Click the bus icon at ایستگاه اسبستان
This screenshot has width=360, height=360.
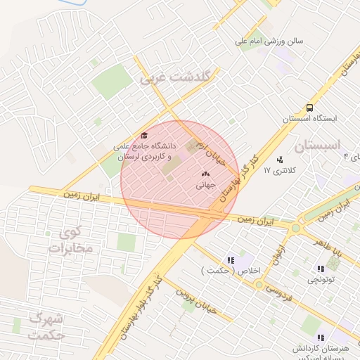click(309, 108)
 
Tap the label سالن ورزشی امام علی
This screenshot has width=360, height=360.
click(269, 41)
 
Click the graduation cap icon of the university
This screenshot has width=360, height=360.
click(144, 136)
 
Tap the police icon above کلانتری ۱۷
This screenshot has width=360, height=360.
click(281, 159)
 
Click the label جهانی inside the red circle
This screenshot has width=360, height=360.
click(206, 186)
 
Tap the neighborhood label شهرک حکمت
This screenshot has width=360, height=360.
click(47, 327)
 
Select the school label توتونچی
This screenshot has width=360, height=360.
click(321, 280)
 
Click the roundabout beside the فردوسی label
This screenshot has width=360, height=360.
click(259, 285)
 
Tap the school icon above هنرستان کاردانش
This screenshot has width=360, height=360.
click(321, 337)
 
